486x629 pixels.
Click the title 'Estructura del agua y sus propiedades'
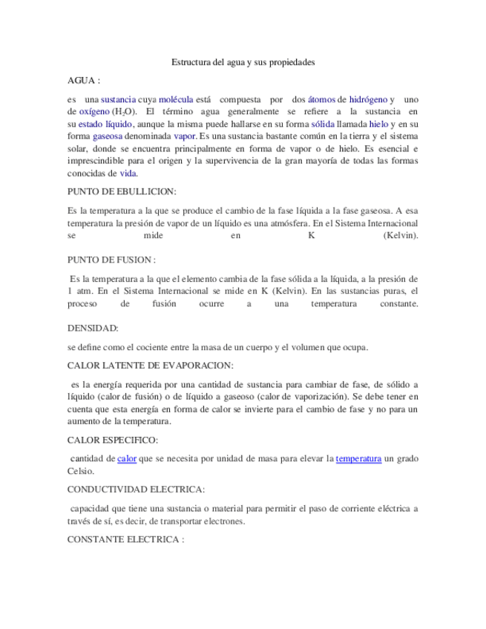[x=243, y=63]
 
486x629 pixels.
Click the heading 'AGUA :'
[x=83, y=80]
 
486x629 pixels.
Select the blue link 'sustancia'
[x=118, y=99]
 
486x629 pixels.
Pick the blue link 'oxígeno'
[x=94, y=111]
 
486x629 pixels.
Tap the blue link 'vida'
[x=128, y=174]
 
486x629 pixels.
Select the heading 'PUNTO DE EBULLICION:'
[x=121, y=191]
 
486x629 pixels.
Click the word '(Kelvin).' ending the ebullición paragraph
[x=401, y=236]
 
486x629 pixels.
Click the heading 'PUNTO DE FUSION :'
[x=111, y=260]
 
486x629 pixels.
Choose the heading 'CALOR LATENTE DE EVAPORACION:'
[x=150, y=366]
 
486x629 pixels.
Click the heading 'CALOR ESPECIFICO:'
[x=112, y=441]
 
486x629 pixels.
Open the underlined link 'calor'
[x=127, y=459]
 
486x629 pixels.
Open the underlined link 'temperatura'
[x=358, y=459]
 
